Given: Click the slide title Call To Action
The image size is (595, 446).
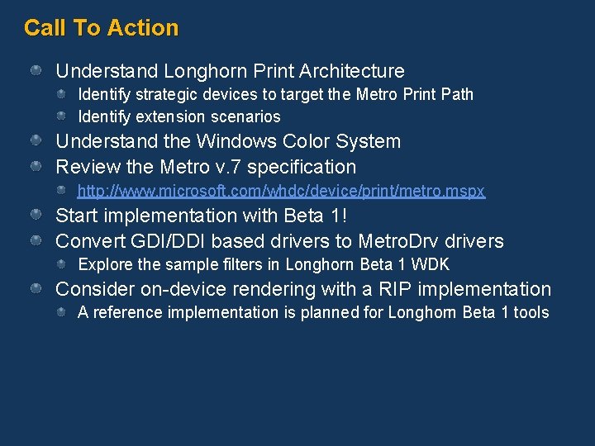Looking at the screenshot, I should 101,28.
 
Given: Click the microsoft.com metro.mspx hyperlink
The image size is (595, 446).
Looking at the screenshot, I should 281,192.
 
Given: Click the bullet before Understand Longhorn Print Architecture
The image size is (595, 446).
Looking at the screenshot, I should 36,72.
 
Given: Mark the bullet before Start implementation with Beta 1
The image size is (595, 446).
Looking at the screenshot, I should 36,216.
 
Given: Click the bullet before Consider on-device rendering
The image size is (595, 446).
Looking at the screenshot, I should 36,290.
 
